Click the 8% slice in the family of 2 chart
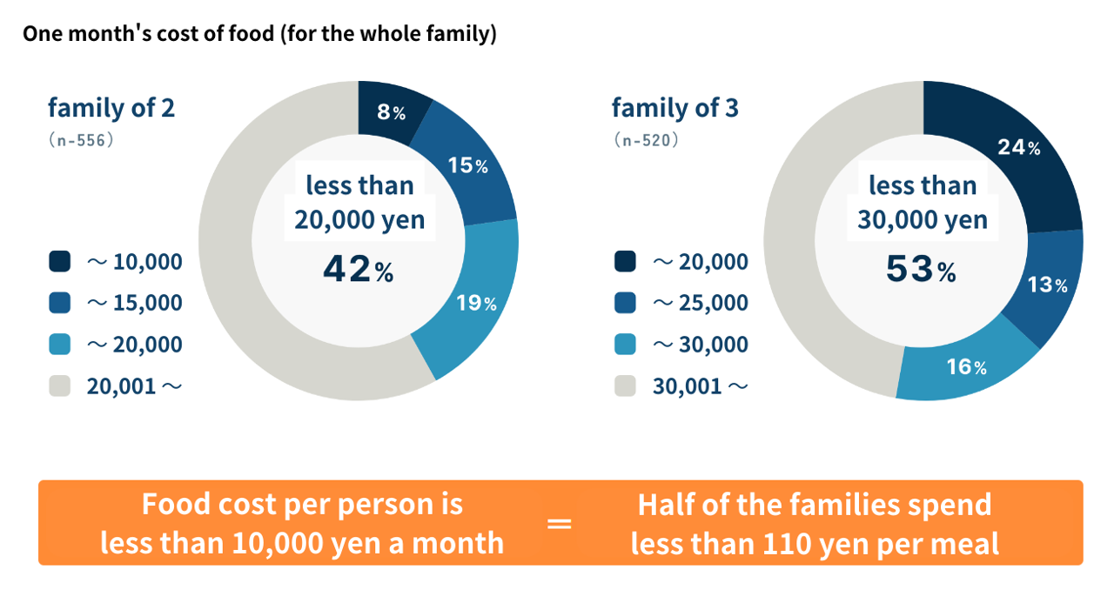coord(391,111)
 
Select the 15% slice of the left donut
coord(467,165)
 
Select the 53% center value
coord(921,270)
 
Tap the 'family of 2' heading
coord(111,108)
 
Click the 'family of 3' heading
coord(675,108)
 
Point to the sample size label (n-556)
coord(81,139)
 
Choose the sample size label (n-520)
coord(645,139)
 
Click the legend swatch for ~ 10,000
coord(60,261)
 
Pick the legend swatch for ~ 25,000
coord(625,303)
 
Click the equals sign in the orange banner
coord(559,525)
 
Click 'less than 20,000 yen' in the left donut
coord(359,202)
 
